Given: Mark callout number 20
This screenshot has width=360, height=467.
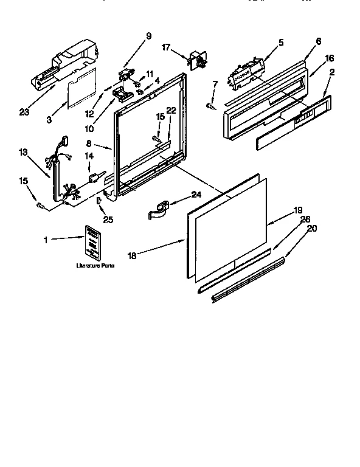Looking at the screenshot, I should click(312, 229).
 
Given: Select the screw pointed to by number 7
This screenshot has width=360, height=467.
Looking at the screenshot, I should click(210, 107).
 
